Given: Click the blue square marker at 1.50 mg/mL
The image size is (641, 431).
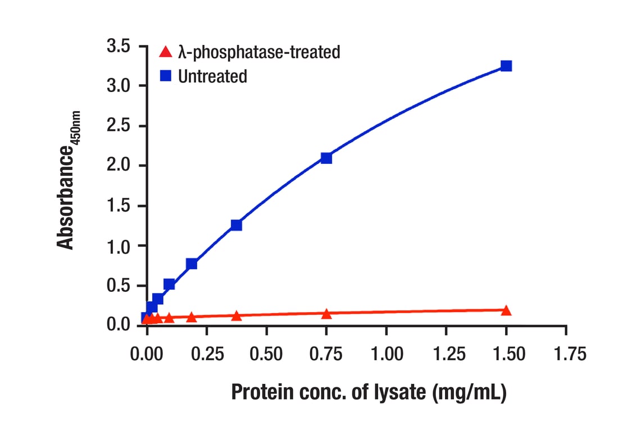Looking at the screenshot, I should click(506, 66).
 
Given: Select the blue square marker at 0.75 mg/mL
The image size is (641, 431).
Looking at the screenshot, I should click(326, 158).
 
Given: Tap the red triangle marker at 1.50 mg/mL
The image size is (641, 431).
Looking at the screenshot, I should click(506, 310).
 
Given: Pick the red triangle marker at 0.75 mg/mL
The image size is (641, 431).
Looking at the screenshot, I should click(326, 314).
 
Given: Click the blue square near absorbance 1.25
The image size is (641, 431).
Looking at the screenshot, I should click(237, 225).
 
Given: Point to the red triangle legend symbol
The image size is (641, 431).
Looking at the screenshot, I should click(165, 53).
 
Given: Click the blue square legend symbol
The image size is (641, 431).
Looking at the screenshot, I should click(165, 76).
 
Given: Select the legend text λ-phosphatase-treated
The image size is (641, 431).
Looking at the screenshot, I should click(259, 53).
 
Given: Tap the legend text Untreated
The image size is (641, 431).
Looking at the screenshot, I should click(212, 76).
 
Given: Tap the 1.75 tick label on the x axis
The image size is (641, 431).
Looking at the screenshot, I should click(566, 354).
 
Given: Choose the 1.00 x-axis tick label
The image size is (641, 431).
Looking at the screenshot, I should click(386, 354).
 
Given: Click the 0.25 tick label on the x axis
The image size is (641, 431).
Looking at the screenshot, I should click(207, 354).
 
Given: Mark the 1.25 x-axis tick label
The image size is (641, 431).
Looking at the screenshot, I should click(446, 354).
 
